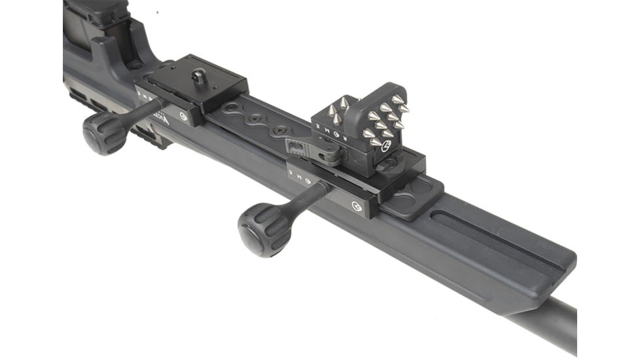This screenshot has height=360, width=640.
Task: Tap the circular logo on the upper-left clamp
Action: point(185,120)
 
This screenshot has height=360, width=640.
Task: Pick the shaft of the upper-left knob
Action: point(144,111)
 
